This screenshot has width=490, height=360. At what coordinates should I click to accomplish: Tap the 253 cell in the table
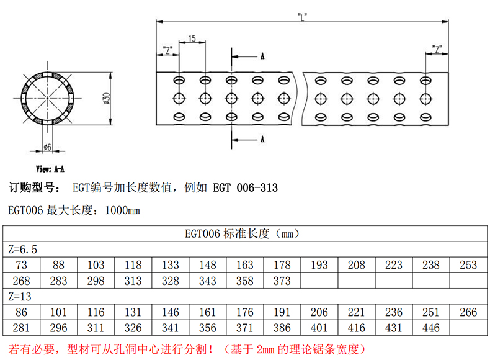click(468, 265)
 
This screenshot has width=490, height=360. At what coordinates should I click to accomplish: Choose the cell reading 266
click(468, 312)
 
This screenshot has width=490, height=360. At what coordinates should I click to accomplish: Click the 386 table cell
click(282, 328)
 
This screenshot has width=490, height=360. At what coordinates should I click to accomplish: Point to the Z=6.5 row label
click(23, 250)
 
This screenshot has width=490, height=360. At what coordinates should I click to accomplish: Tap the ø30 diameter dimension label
click(106, 99)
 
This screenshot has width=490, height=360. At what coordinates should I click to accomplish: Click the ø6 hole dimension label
click(47, 147)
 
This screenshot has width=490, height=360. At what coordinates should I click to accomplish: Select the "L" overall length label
click(302, 17)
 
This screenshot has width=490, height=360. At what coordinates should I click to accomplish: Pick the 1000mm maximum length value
click(123, 211)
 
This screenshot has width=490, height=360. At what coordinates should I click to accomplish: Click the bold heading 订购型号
click(32, 187)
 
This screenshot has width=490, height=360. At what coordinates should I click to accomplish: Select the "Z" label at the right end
click(438, 49)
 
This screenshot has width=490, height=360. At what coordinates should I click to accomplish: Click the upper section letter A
click(262, 56)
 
